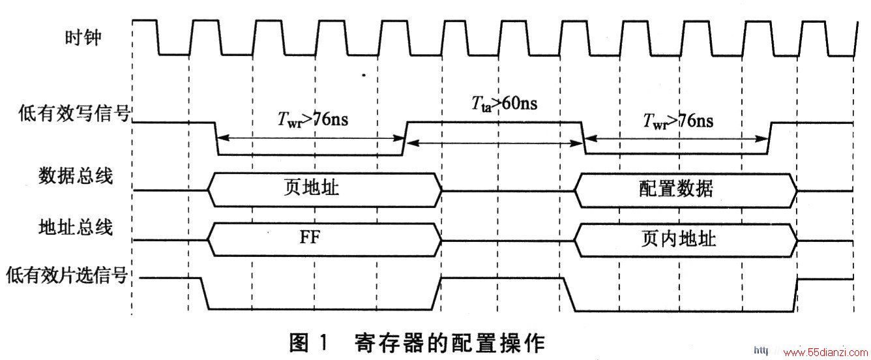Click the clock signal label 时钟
point(83,38)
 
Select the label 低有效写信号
point(74,113)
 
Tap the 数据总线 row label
point(76,175)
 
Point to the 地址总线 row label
point(76,227)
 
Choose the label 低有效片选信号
point(67,275)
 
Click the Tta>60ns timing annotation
point(505,104)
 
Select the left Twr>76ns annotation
point(313,119)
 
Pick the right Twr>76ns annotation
point(678,121)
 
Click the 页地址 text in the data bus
point(311,187)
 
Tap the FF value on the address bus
point(310,237)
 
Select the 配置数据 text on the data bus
point(676,188)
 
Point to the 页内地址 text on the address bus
point(679,239)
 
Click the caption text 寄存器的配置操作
point(449,343)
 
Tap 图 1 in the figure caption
point(308,343)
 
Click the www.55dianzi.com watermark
point(825,352)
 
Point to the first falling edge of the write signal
point(216,139)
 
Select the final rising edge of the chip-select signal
point(795,295)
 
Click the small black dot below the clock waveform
point(364,75)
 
